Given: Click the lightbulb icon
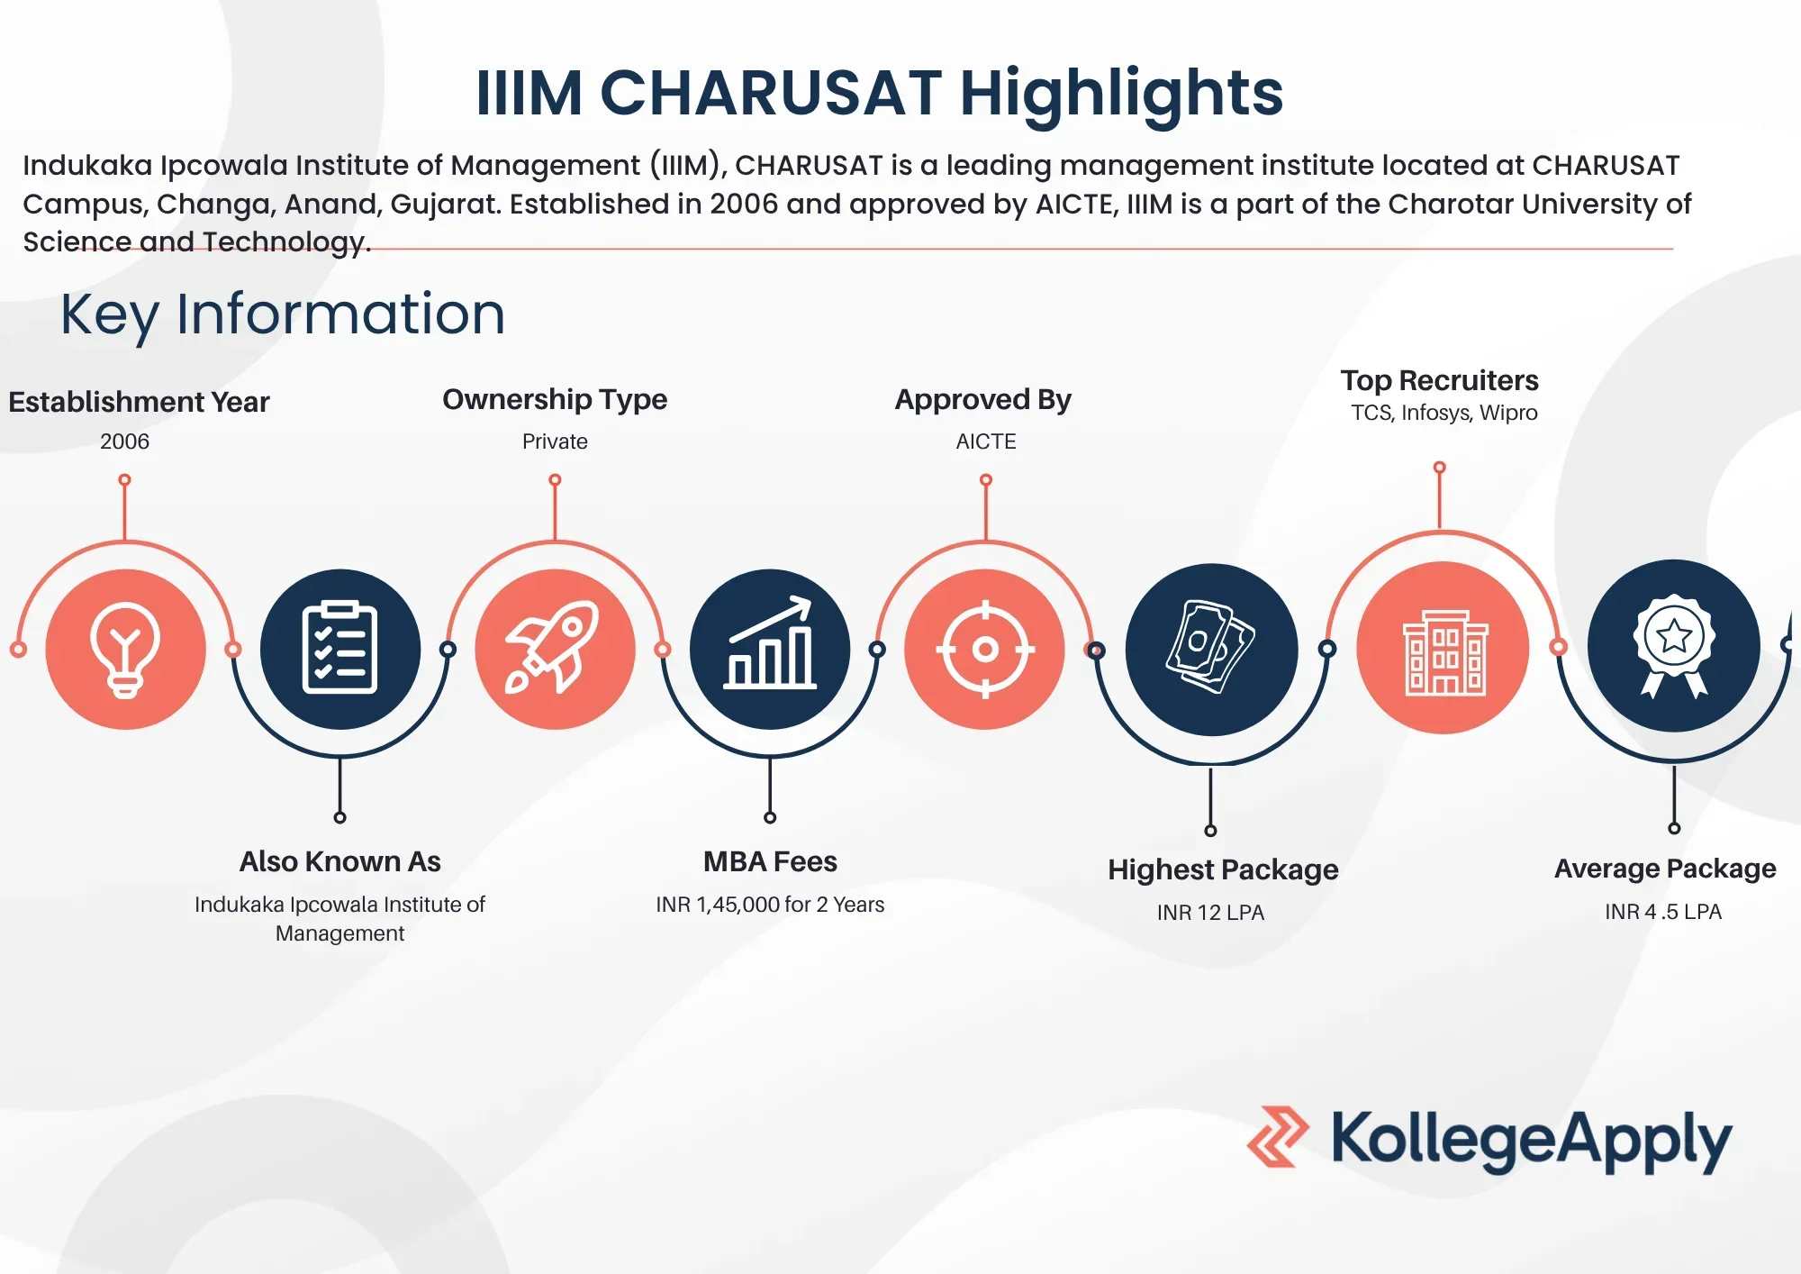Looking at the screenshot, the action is pyautogui.click(x=125, y=650).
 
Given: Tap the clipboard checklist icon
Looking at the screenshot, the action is pyautogui.click(x=339, y=647).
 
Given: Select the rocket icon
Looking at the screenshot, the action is pyautogui.click(x=553, y=647).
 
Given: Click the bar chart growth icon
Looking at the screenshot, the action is pyautogui.click(x=770, y=642).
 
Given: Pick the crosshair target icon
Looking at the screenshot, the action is pyautogui.click(x=985, y=649).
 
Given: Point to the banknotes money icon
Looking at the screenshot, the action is pyautogui.click(x=1209, y=647).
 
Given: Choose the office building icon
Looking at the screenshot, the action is pyautogui.click(x=1445, y=652).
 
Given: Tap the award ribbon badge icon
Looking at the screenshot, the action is pyautogui.click(x=1674, y=645).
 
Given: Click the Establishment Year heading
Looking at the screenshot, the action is pyautogui.click(x=139, y=402).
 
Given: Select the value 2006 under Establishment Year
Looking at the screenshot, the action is pyautogui.click(x=125, y=441).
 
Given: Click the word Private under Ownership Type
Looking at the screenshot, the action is pyautogui.click(x=555, y=441).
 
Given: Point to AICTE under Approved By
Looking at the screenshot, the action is pyautogui.click(x=986, y=441).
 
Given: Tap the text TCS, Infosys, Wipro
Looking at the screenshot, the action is pyautogui.click(x=1444, y=413).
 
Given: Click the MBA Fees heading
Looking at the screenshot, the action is pyautogui.click(x=770, y=861).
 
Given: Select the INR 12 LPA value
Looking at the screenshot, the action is pyautogui.click(x=1210, y=913).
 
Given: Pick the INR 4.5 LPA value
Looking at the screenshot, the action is pyautogui.click(x=1663, y=912).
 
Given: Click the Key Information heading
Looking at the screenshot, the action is pyautogui.click(x=283, y=314).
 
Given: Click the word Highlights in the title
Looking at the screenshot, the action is pyautogui.click(x=1121, y=95).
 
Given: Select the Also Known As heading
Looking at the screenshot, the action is pyautogui.click(x=340, y=861).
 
